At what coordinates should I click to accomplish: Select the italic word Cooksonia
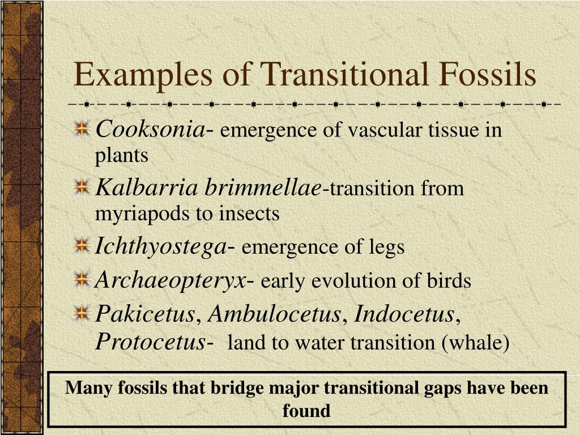[150, 130]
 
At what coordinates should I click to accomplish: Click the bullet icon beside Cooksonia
[83, 129]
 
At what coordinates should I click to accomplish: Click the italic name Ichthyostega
[160, 247]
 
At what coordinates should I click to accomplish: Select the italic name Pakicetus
[144, 314]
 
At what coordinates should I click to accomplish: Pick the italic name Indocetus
[404, 314]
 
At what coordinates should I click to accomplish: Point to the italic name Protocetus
[150, 342]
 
